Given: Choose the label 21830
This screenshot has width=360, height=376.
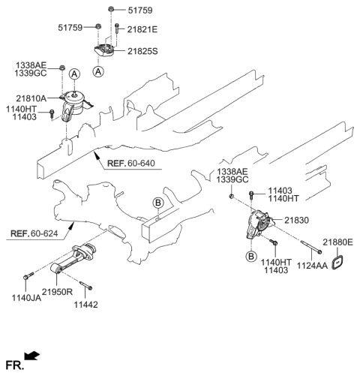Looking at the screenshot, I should tap(295, 220).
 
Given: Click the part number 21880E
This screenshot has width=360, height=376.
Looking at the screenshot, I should tap(338, 242).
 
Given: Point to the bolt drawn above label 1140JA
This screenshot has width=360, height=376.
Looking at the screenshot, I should tap(28, 279).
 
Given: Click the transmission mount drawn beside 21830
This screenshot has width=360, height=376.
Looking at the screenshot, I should tap(259, 226).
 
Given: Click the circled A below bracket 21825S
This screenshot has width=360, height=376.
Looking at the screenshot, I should tap(99, 71).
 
